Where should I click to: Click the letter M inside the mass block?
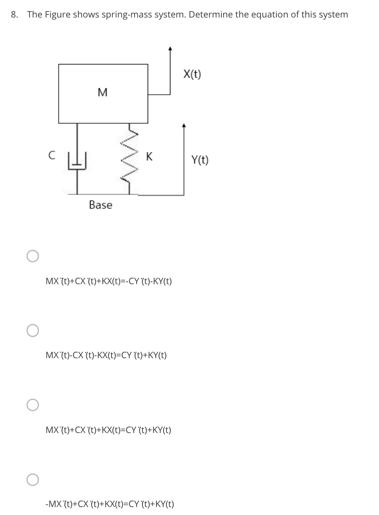click(102, 93)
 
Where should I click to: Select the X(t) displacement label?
click(192, 74)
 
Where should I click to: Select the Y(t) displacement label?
click(199, 160)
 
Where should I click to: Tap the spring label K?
click(149, 156)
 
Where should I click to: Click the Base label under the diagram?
click(100, 205)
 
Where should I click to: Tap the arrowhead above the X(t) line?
click(170, 49)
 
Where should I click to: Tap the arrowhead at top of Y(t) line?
click(184, 125)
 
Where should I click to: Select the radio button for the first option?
click(33, 256)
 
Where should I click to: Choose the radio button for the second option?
click(33, 330)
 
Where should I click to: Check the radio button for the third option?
click(33, 405)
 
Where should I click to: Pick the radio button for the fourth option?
click(33, 480)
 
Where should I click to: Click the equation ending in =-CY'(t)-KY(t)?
click(109, 281)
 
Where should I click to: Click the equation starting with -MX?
click(109, 504)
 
